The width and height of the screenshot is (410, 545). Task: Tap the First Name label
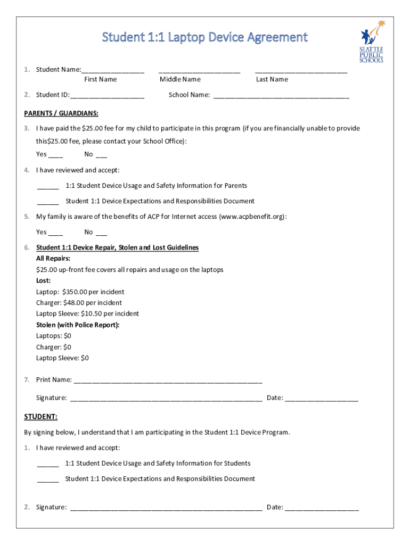[100, 79]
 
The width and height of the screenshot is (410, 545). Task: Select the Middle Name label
[180, 79]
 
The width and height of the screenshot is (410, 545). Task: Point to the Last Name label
[272, 79]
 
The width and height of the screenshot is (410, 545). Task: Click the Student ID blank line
[107, 96]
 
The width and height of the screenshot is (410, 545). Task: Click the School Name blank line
[281, 96]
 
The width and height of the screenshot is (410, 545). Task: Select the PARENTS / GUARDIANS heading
[61, 113]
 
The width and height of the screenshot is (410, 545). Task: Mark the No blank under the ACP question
[101, 233]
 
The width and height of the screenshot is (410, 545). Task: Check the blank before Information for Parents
[48, 187]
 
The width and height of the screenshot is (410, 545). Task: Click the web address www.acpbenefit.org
[251, 217]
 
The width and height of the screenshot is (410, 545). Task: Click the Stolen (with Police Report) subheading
[78, 325]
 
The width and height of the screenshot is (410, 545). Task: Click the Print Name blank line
[168, 381]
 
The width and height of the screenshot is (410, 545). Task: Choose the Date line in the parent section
[321, 399]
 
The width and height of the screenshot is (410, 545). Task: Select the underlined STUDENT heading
[41, 416]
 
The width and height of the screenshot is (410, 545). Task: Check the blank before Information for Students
[48, 465]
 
